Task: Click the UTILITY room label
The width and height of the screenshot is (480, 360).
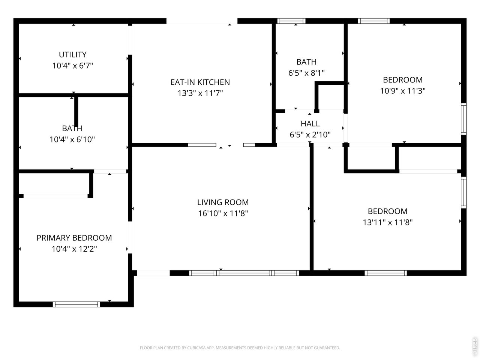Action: click(x=73, y=54)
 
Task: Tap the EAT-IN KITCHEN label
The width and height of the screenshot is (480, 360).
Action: click(x=200, y=82)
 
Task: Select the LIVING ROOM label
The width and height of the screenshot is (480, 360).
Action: click(x=223, y=202)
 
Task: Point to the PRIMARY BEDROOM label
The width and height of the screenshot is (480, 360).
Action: click(x=74, y=238)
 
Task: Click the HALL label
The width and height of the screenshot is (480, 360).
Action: click(x=310, y=123)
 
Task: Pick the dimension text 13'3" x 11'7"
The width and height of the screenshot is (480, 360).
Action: click(x=200, y=93)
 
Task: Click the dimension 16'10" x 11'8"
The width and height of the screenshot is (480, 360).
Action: click(x=223, y=213)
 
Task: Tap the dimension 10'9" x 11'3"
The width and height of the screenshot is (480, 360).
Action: click(x=403, y=90)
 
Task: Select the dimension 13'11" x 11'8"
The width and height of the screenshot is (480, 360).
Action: click(x=387, y=222)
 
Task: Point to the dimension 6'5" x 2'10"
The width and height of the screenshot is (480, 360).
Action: click(x=310, y=134)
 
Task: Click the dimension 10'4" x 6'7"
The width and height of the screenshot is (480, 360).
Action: click(x=73, y=65)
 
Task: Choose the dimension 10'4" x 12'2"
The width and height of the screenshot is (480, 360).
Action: click(x=74, y=249)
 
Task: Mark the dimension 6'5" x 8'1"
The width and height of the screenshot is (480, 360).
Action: click(x=306, y=73)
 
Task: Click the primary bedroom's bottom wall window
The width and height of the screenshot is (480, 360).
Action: click(x=76, y=304)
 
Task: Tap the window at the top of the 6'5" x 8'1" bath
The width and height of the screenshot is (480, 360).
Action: click(x=291, y=21)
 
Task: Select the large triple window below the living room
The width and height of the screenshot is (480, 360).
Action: click(x=244, y=273)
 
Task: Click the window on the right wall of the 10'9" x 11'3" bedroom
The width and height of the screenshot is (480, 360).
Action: click(x=463, y=119)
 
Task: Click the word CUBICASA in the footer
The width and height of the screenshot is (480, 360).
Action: click(x=195, y=348)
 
